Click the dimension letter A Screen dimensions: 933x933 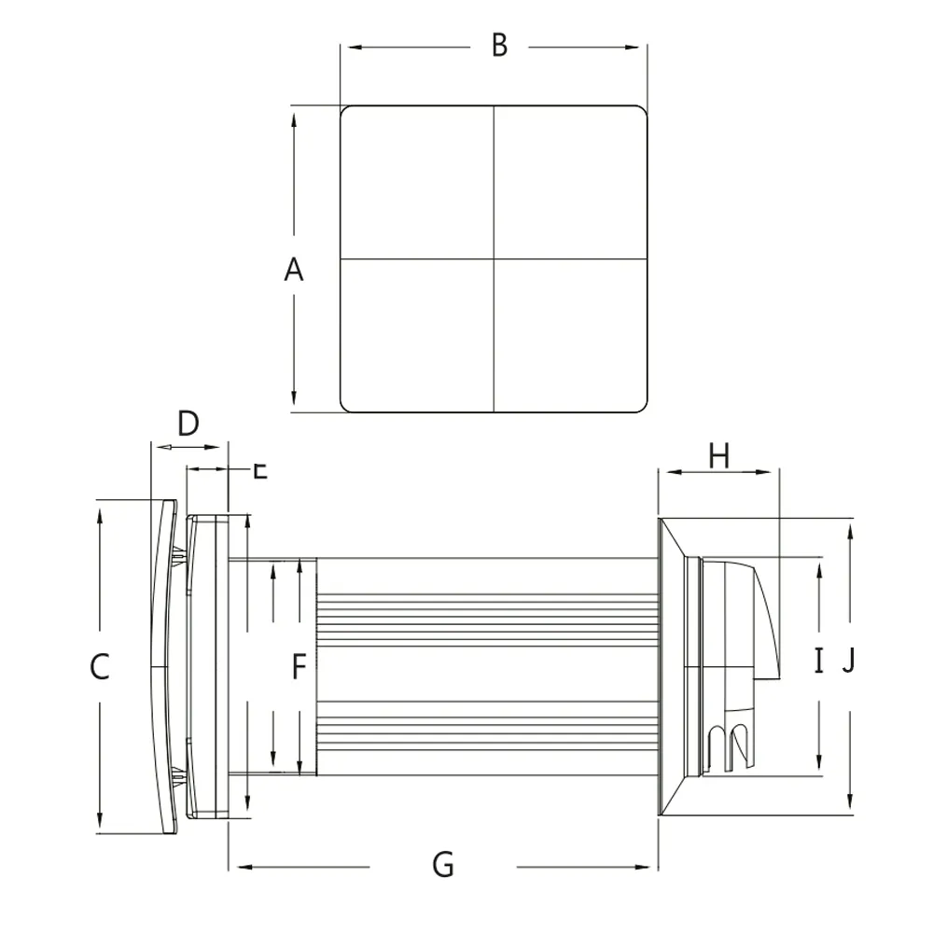click(x=294, y=271)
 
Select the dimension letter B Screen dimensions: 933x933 click(x=499, y=45)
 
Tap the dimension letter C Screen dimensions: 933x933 click(x=100, y=667)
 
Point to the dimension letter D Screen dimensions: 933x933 click(x=188, y=424)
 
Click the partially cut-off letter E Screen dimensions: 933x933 click(x=260, y=469)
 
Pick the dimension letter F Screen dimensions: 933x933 click(x=299, y=667)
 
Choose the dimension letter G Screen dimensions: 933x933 click(x=443, y=865)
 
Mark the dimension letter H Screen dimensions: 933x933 click(x=718, y=456)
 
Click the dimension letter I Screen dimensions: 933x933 click(x=818, y=661)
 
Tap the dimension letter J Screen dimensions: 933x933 click(x=848, y=661)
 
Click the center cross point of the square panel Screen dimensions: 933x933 click(x=494, y=258)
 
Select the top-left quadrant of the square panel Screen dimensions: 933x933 click(x=417, y=182)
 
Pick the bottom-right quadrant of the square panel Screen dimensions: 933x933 click(x=570, y=335)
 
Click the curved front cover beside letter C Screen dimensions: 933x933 click(x=163, y=667)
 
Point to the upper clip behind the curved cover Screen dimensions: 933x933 click(x=178, y=556)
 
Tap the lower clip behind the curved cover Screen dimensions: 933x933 click(x=178, y=775)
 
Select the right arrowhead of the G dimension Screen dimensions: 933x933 click(x=651, y=867)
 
